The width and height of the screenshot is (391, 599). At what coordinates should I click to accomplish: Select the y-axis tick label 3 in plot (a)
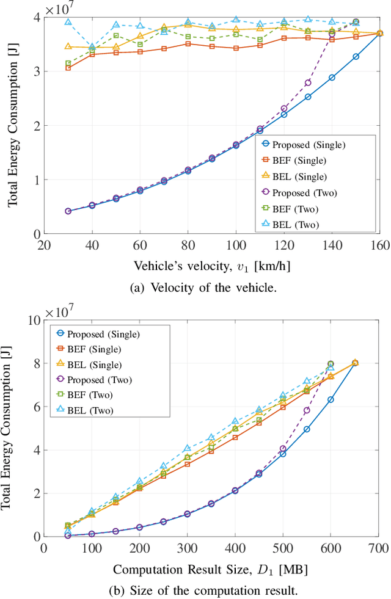37,72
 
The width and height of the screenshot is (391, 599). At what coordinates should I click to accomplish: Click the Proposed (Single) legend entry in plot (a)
302,145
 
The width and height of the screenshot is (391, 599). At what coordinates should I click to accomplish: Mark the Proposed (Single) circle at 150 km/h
356,56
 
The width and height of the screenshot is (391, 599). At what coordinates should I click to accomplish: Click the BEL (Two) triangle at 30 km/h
68,22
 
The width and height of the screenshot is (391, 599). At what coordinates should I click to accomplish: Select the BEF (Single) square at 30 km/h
68,68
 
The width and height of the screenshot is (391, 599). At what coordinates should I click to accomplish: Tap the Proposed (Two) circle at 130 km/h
308,82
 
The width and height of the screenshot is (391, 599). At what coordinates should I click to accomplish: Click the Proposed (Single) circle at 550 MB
307,429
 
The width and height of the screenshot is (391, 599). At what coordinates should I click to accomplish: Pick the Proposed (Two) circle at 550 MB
307,410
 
